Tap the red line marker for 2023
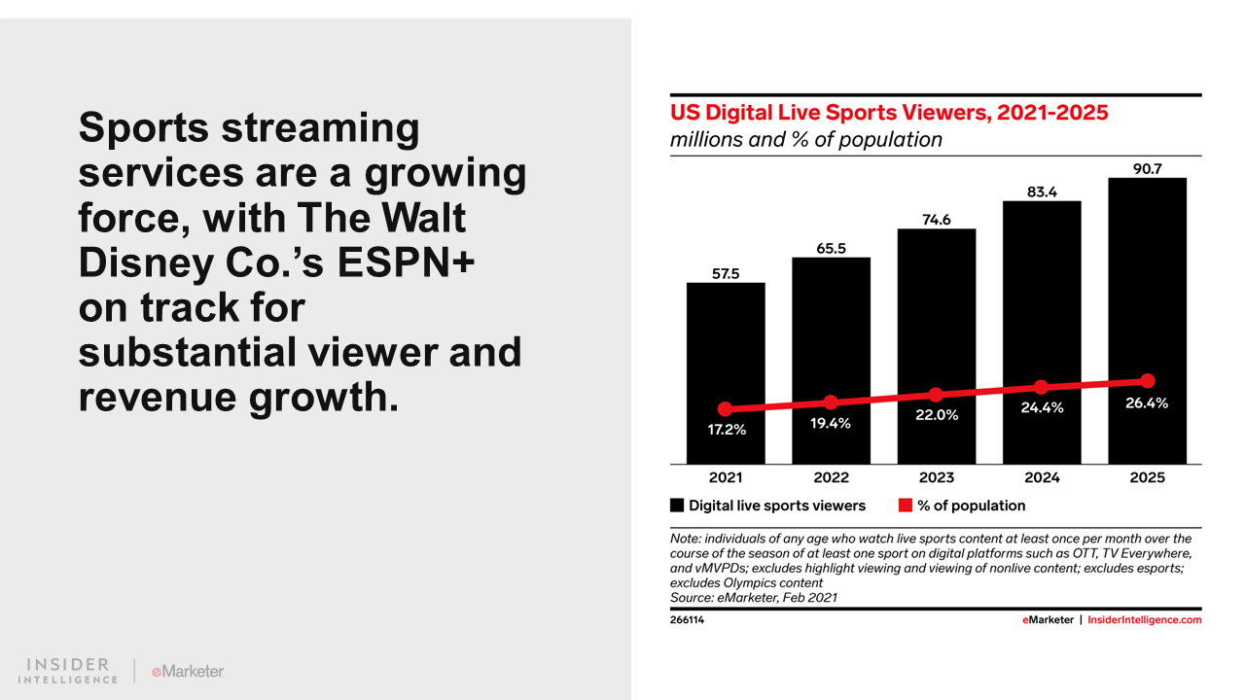coord(936,395)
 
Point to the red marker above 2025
coord(1147,380)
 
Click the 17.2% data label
coord(726,429)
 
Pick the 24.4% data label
coord(1042,408)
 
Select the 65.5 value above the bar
coord(831,248)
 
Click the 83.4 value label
coord(1042,192)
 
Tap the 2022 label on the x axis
coord(831,477)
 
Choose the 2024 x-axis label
coord(1042,477)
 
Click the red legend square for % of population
coord(905,506)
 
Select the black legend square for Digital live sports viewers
coord(677,506)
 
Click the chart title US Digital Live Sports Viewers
coord(889,113)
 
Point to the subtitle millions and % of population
coord(806,140)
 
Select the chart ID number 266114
coord(688,620)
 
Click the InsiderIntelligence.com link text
coord(1144,620)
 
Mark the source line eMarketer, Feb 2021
coord(754,597)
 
